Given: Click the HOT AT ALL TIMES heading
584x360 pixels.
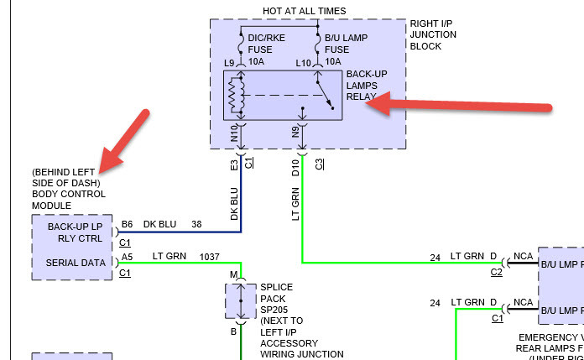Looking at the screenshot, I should click(x=292, y=11).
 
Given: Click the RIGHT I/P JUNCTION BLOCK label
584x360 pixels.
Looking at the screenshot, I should click(x=433, y=34).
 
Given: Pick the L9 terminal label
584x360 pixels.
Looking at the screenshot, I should click(x=229, y=64).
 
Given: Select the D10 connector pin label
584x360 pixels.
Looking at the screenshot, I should click(x=295, y=168).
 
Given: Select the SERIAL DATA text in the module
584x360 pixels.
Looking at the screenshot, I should click(x=76, y=263).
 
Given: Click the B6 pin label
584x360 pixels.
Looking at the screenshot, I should click(x=126, y=224).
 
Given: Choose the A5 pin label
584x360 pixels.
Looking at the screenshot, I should click(x=126, y=257).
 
